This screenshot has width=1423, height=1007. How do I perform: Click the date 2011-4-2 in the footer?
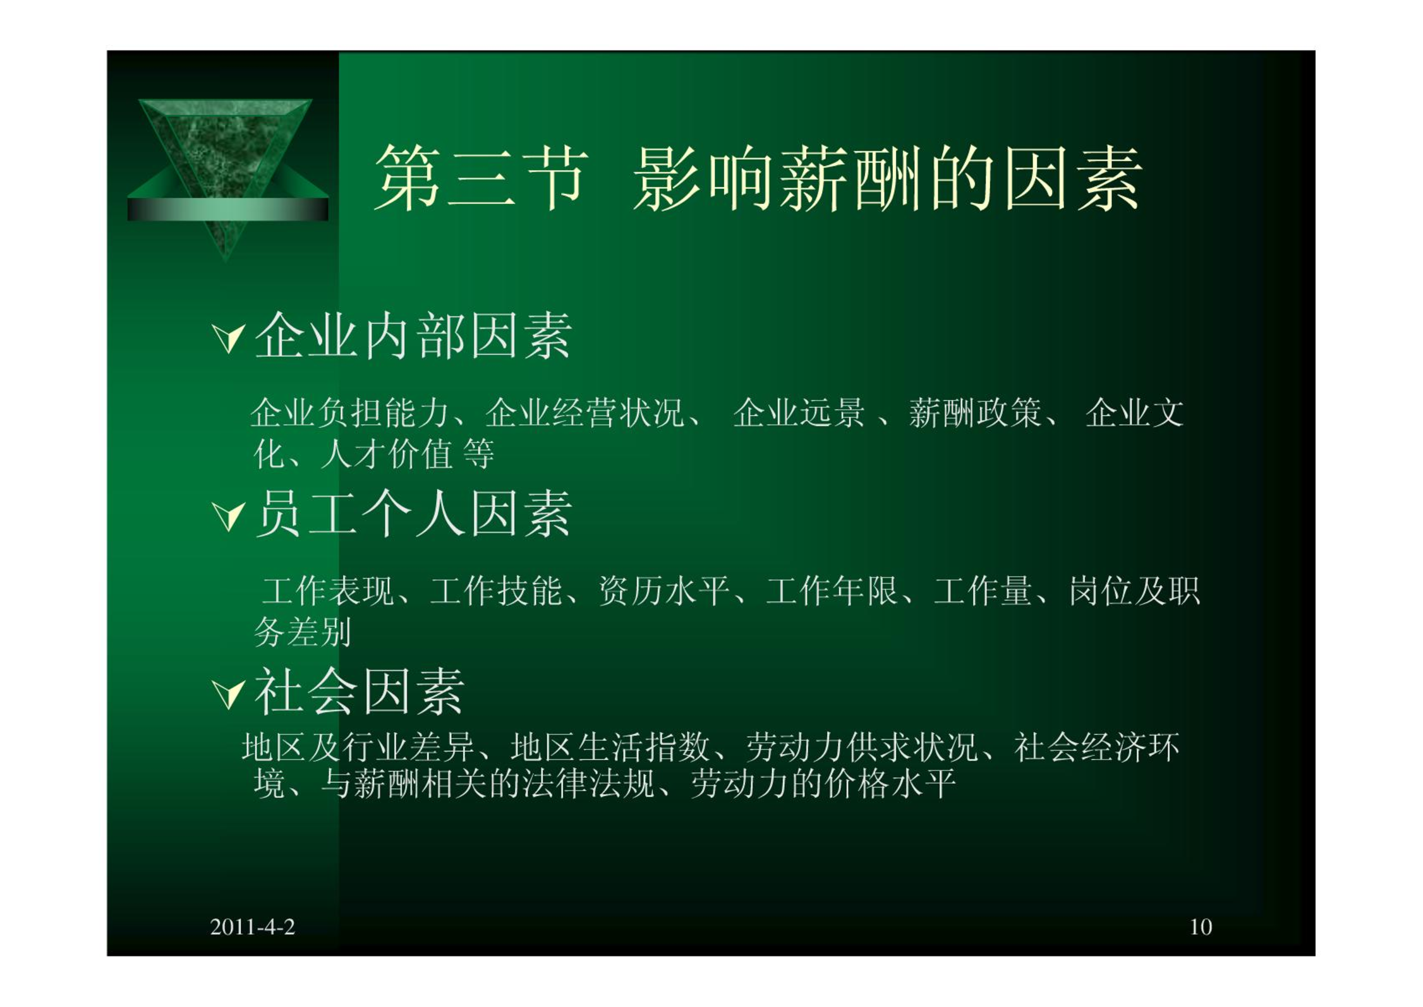coord(252,927)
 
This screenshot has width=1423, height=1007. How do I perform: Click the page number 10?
coord(1201,927)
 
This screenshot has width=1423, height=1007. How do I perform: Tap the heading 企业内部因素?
coord(413,336)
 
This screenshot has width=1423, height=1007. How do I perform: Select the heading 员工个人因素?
coord(413,514)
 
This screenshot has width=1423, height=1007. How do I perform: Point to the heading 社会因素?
coord(360,692)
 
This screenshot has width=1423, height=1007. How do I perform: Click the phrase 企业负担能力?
coord(349,413)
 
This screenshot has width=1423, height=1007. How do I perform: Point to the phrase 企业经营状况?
coord(585,413)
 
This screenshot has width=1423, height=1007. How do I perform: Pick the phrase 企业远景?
coord(799,413)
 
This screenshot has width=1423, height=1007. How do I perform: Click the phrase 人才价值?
coord(387,454)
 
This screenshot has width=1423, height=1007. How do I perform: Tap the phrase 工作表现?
coord(327,591)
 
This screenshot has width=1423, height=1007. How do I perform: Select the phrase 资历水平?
coord(663,591)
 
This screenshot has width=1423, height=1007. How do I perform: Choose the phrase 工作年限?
coord(832,591)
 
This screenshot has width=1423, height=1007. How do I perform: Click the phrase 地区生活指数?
coord(610,747)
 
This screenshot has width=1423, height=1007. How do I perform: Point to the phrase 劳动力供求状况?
coord(862,747)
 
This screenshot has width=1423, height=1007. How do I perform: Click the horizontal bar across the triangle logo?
coord(227,209)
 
